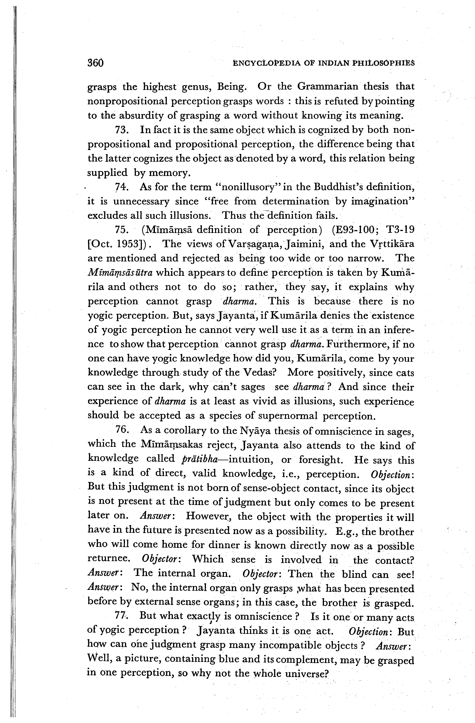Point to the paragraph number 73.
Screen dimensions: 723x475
coord(122,130)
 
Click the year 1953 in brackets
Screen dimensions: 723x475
coord(129,244)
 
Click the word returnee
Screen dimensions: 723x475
coord(109,559)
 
